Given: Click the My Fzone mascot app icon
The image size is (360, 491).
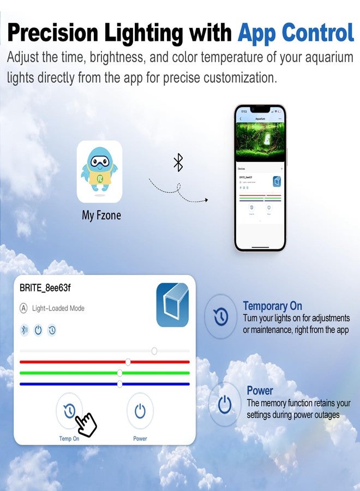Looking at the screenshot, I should pyautogui.click(x=99, y=171).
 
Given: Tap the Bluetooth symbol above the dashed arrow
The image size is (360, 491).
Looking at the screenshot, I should pyautogui.click(x=178, y=162).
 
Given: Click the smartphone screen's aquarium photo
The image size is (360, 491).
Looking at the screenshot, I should pyautogui.click(x=260, y=141).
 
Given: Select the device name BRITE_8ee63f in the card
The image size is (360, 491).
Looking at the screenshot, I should pyautogui.click(x=45, y=288).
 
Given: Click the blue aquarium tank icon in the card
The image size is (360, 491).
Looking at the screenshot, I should pyautogui.click(x=172, y=304).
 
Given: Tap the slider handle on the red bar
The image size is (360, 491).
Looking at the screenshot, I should pyautogui.click(x=128, y=362).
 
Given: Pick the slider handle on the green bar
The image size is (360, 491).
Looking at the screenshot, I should pyautogui.click(x=119, y=373).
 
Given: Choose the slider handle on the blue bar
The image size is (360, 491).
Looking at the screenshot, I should pyautogui.click(x=119, y=384).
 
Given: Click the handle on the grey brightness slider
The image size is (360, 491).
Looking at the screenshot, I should pyautogui.click(x=154, y=351).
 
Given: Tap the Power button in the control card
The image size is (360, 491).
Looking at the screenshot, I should pyautogui.click(x=140, y=410).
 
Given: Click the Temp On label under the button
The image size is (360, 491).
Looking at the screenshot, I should pyautogui.click(x=69, y=439).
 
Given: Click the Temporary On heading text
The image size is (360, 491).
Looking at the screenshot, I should pyautogui.click(x=272, y=306).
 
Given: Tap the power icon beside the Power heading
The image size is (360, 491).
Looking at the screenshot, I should pyautogui.click(x=224, y=404).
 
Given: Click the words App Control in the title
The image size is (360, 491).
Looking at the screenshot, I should pyautogui.click(x=296, y=34).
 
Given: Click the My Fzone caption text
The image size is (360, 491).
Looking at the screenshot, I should pyautogui.click(x=101, y=215).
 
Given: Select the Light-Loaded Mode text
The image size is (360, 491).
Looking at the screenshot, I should pyautogui.click(x=58, y=308).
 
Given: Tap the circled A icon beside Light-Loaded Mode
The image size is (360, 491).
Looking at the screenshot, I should pyautogui.click(x=23, y=308).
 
